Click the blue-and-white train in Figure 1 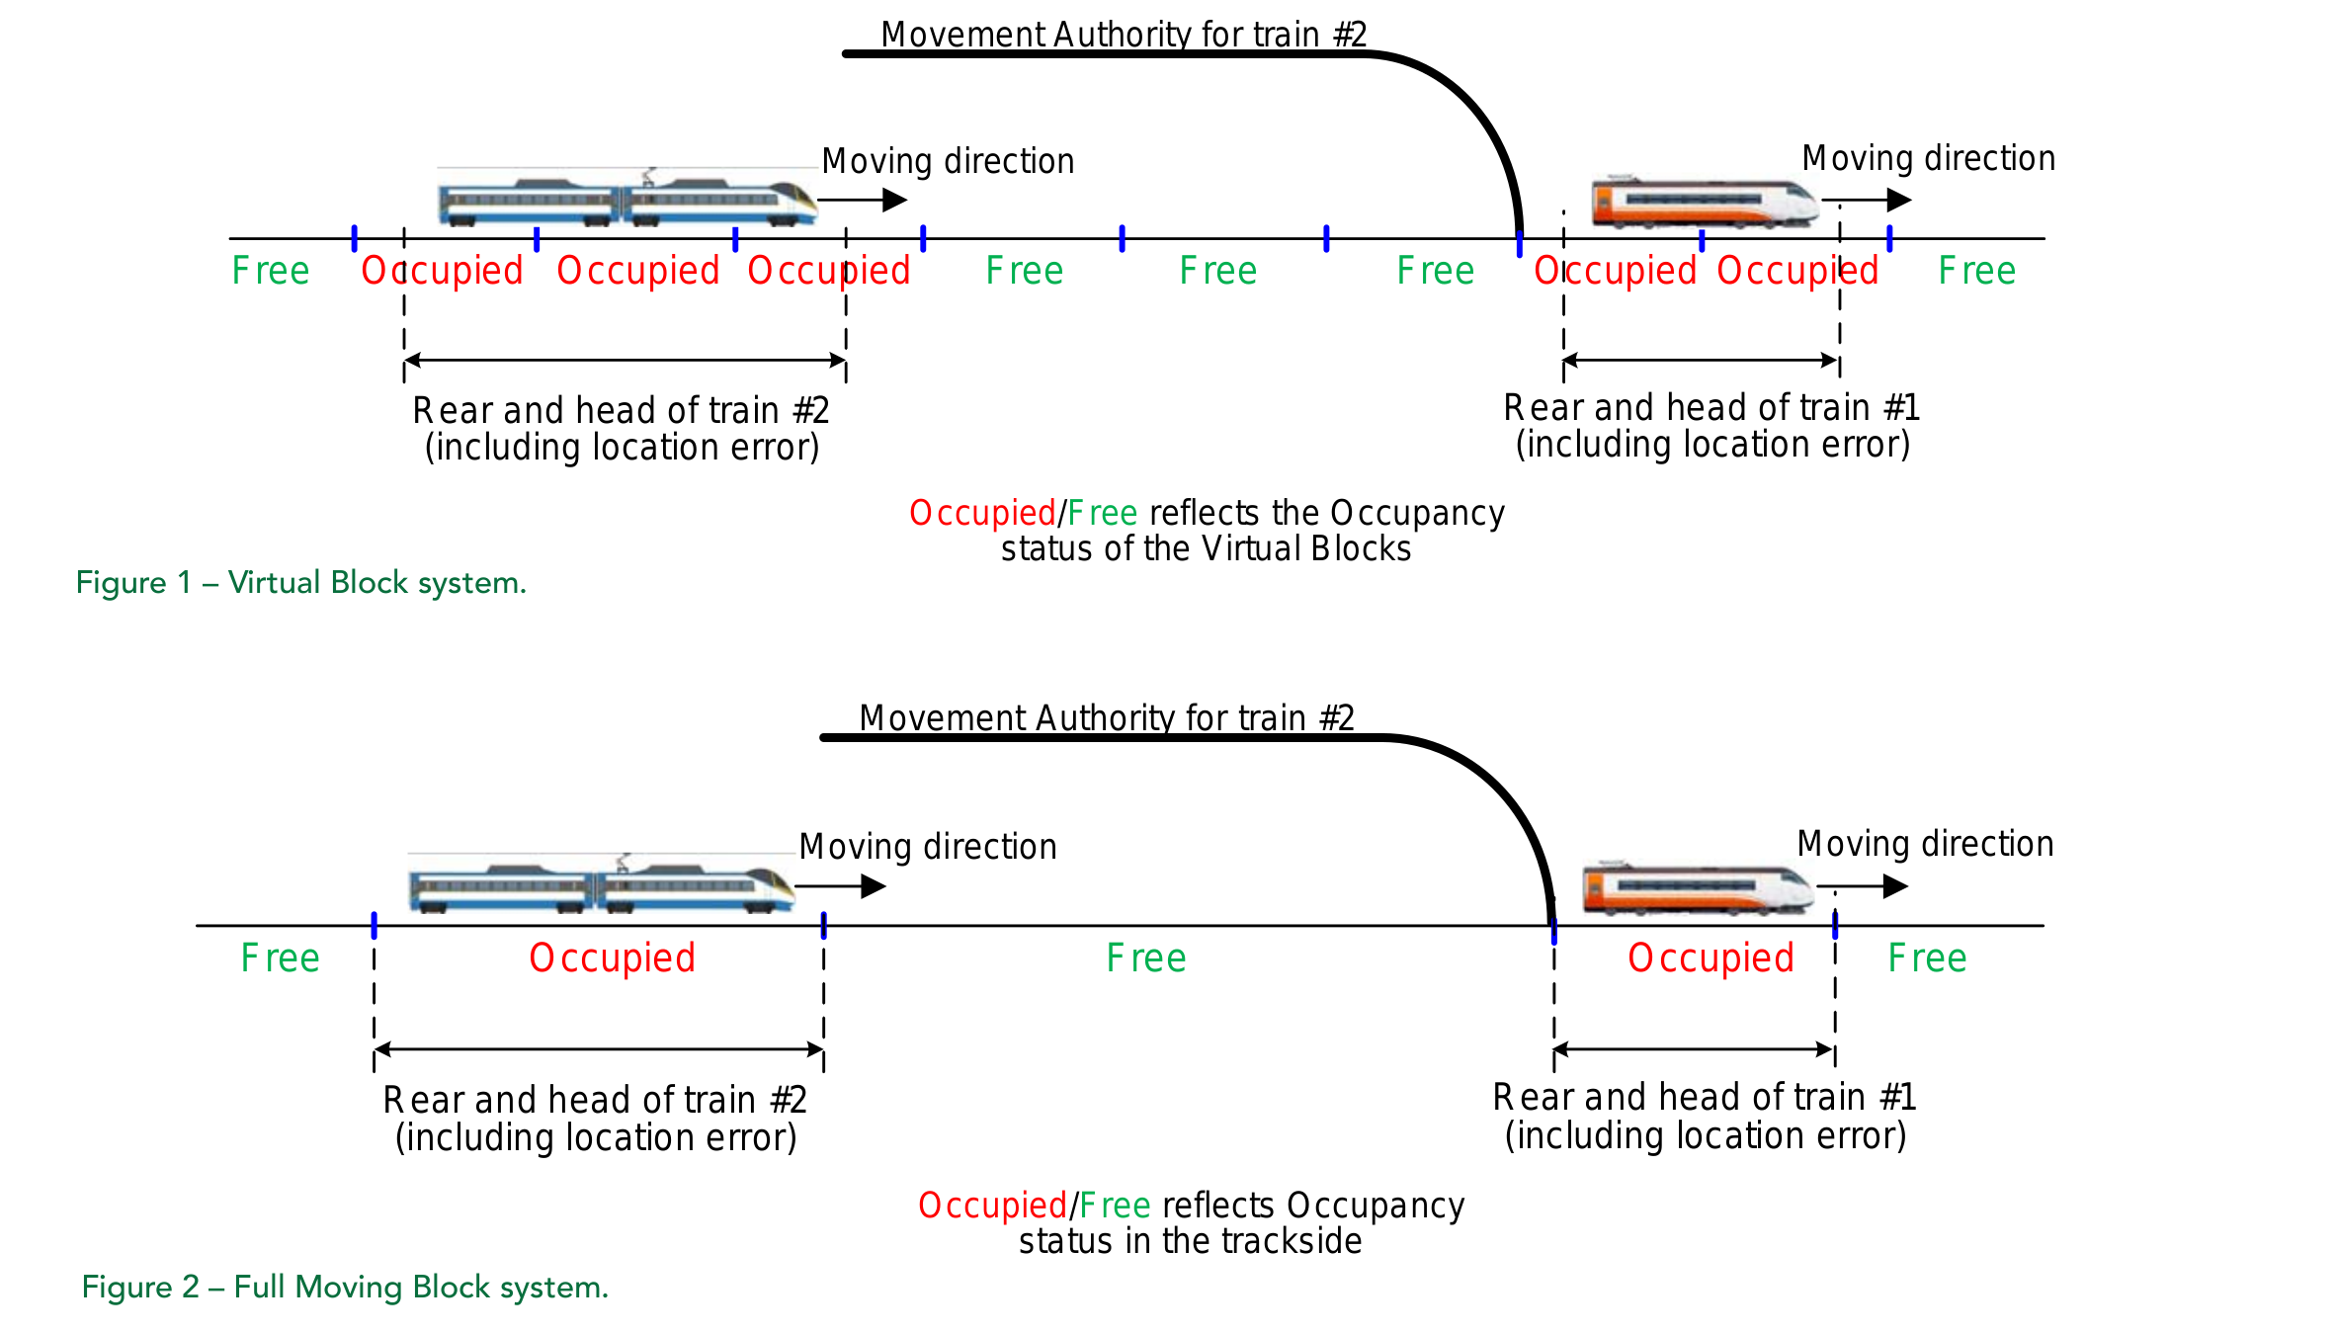click(x=626, y=201)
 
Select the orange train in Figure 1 click(x=1704, y=203)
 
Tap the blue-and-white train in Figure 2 click(x=601, y=886)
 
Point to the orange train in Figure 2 click(x=1697, y=887)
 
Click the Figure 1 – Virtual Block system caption click(x=301, y=583)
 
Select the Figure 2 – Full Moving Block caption click(x=345, y=1288)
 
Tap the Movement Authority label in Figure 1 click(x=1124, y=35)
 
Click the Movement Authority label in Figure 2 click(x=1106, y=718)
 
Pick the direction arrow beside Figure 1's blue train click(x=862, y=201)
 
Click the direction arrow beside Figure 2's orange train click(x=1862, y=886)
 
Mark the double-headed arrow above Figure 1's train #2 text click(x=626, y=361)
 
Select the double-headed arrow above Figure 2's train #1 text click(x=1694, y=1049)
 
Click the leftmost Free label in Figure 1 click(x=271, y=271)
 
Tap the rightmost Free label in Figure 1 click(x=1976, y=271)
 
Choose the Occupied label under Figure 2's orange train click(x=1710, y=958)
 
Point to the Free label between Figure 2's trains click(x=1146, y=958)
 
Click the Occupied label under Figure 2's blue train click(x=612, y=958)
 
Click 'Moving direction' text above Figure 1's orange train click(x=1928, y=158)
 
